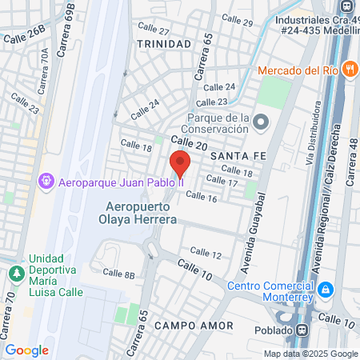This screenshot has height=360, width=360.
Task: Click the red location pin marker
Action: (180, 162)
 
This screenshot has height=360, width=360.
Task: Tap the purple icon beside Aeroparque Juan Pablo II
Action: (46, 182)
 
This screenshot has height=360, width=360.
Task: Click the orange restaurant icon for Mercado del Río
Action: (349, 69)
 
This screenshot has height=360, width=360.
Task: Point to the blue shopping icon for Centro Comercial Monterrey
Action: (325, 288)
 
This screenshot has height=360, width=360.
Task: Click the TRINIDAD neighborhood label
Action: (164, 43)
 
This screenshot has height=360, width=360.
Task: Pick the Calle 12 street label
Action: (206, 253)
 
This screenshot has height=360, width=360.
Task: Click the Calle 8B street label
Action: (119, 274)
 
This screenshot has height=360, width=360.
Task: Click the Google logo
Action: (27, 350)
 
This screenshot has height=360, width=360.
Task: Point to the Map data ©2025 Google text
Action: (311, 354)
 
